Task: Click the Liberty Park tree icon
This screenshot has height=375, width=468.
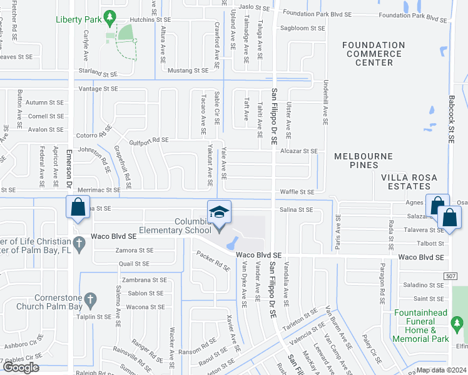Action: (x=110, y=16)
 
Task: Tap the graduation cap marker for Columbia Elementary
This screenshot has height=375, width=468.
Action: (x=220, y=212)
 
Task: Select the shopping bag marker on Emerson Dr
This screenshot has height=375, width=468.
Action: (x=77, y=207)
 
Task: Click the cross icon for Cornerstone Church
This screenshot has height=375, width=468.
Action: (x=90, y=300)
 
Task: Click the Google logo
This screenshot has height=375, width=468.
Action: (x=21, y=367)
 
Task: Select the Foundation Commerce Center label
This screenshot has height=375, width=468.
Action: (x=374, y=54)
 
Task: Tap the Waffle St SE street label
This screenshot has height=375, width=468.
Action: (x=297, y=192)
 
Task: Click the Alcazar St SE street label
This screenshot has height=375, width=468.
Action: (x=299, y=151)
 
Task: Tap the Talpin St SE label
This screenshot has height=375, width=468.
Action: (x=94, y=317)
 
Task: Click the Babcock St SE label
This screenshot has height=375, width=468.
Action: (x=451, y=119)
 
